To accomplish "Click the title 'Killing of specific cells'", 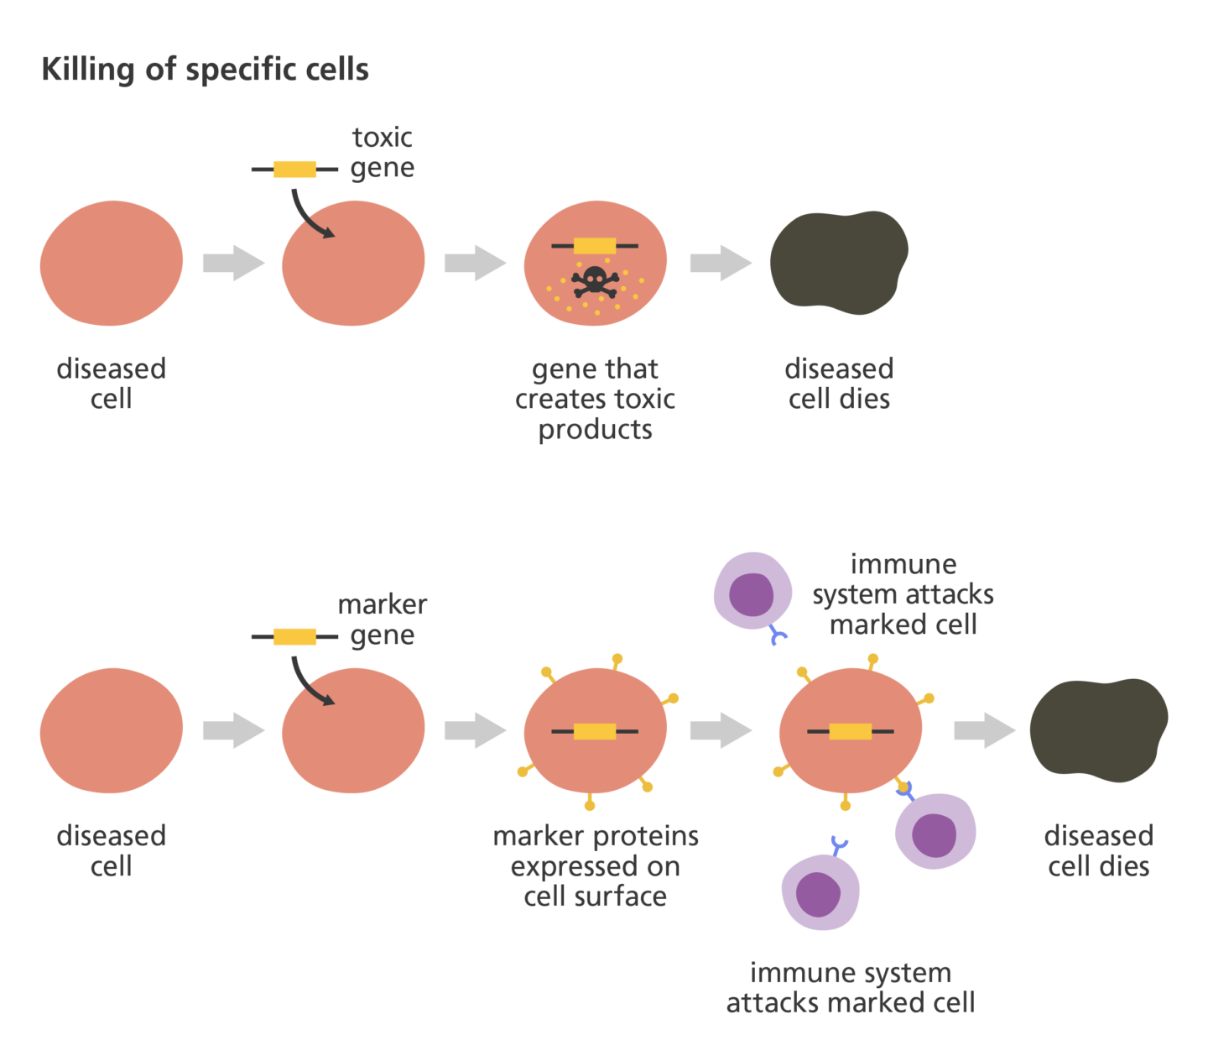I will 205,70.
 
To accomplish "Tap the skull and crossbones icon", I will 596,281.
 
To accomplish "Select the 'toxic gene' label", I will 382,153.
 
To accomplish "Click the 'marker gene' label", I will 382,619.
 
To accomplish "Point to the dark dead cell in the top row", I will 838,262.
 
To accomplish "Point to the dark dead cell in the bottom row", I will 1098,729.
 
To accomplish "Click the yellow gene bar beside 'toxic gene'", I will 294,170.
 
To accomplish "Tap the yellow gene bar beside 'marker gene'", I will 294,636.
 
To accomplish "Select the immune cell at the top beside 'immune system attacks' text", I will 752,591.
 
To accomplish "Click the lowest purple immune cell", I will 820,892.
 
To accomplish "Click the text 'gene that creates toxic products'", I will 595,399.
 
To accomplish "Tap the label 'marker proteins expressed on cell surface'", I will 595,865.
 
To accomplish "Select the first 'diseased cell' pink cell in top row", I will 111,263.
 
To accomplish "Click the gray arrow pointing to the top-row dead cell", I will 721,263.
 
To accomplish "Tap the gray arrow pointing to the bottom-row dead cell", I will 984,729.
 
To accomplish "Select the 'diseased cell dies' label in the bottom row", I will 1098,850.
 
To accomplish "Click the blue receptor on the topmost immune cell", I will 778,638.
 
